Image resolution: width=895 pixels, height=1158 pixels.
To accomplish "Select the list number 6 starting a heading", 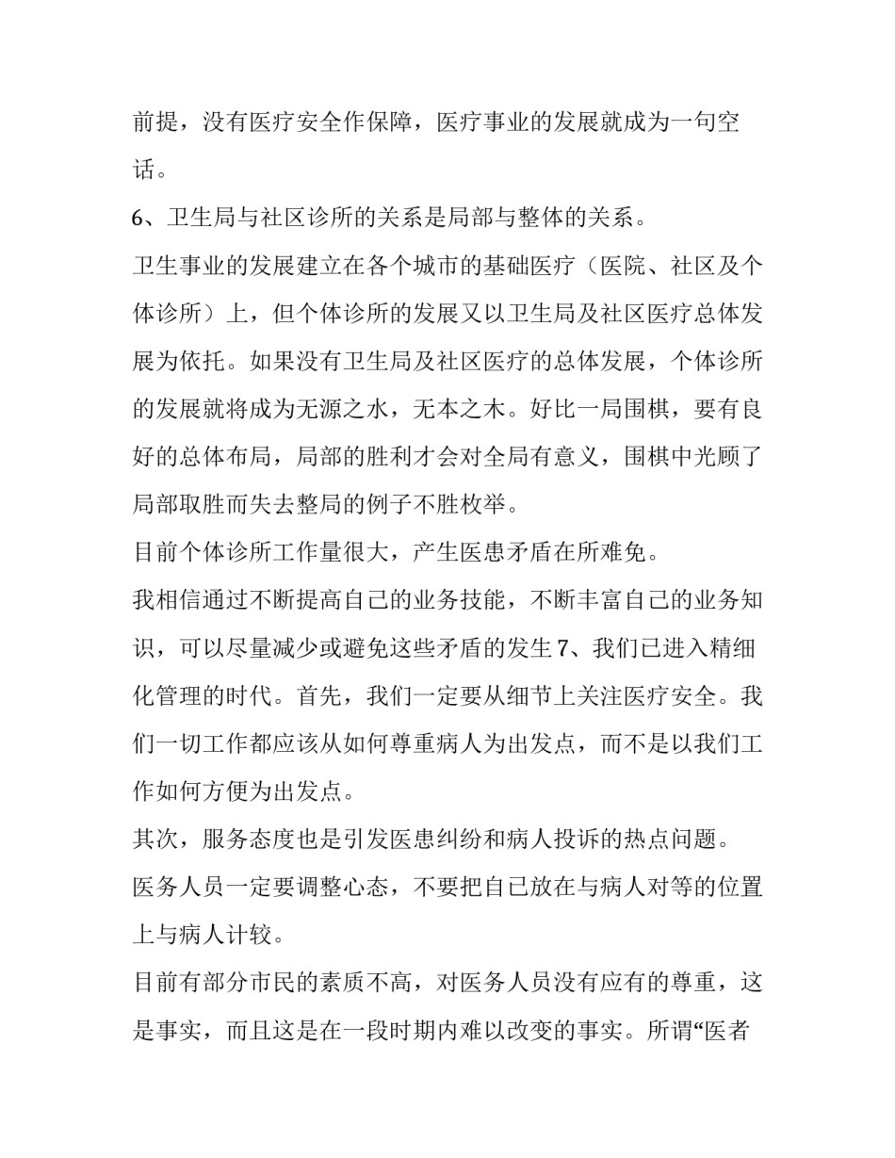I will (x=138, y=219).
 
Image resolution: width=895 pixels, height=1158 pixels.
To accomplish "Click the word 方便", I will (x=247, y=792).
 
